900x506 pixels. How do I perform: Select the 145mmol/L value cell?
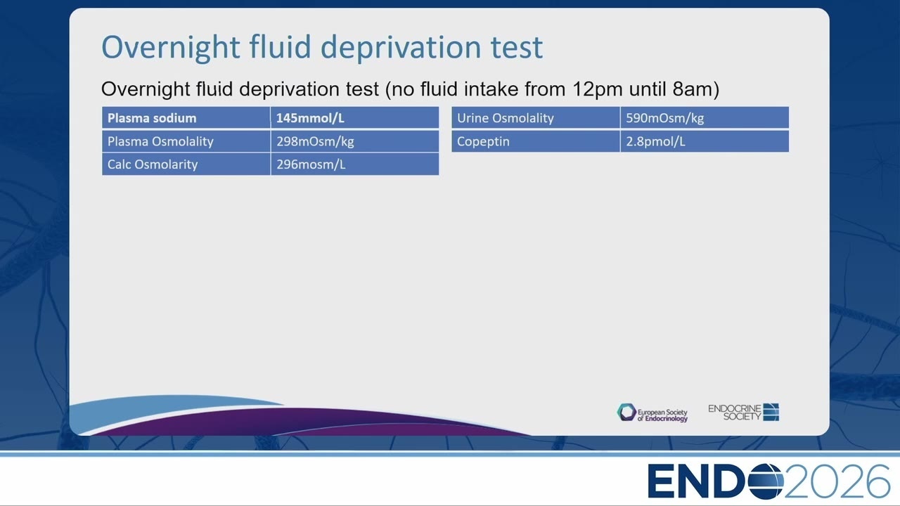355,117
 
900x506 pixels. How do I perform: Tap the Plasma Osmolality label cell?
186,141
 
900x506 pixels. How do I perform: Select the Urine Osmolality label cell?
536,117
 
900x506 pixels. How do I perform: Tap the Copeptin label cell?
536,141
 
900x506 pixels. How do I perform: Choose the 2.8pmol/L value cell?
705,141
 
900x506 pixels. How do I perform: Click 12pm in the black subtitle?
598,89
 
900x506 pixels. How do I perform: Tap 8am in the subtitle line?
692,89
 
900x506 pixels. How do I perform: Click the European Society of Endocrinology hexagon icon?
626,413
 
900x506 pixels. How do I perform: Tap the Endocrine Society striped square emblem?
771,412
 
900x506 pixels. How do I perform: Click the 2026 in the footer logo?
837,481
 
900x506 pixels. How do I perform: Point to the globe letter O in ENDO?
766,481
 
